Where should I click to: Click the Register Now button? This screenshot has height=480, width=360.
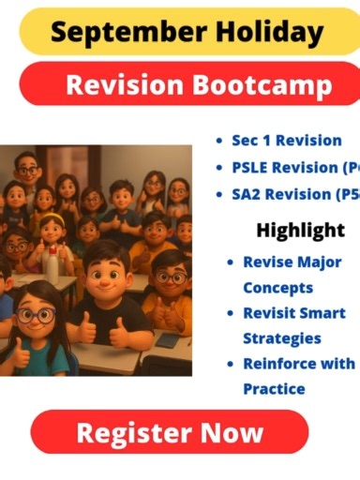169,432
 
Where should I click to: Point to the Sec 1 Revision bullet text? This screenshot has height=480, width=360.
286,141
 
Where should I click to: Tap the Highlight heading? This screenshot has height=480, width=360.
300,230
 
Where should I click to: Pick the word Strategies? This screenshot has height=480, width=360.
282,337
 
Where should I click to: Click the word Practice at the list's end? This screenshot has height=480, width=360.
275,388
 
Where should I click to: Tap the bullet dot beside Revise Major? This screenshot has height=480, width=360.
230,263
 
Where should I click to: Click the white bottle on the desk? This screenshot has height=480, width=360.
53,263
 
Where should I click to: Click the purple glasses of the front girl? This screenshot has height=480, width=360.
36,315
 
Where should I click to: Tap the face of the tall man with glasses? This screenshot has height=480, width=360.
27,171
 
